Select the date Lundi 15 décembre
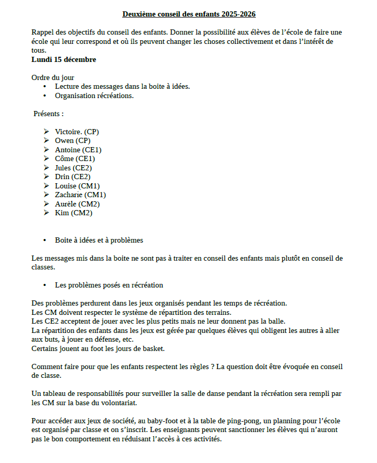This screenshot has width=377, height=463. pos(64,59)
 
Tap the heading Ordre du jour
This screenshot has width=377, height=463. pos(53,77)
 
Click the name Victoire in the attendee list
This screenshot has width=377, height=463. pos(69,132)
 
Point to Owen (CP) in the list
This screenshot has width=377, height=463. pos(73,140)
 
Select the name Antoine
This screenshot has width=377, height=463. pos(68,150)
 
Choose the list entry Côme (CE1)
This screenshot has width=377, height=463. pos(75,158)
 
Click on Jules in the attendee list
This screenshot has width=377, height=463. pos(63,168)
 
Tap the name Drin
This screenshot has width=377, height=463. pos(62,177)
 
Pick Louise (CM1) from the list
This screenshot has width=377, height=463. pos(77,186)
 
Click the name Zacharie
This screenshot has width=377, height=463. pos(69,195)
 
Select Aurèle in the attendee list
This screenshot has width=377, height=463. pos(65,204)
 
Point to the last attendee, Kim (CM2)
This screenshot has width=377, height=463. pos(74,213)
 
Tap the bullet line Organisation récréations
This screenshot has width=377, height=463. pos(94,95)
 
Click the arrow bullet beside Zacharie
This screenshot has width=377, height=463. pos(46,195)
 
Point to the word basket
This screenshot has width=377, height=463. pos(153,348)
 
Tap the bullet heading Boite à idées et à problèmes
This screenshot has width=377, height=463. pos(99,240)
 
